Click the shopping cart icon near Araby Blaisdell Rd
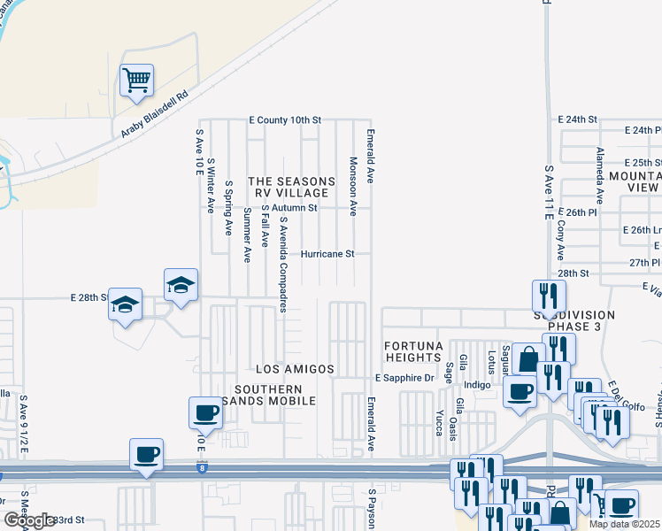pyautogui.click(x=137, y=81)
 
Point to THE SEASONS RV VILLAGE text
pyautogui.click(x=292, y=188)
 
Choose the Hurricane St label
pyautogui.click(x=327, y=254)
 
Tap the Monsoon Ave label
pyautogui.click(x=352, y=187)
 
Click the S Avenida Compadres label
pyautogui.click(x=283, y=265)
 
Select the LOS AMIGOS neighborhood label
pyautogui.click(x=295, y=369)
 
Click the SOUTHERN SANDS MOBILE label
pyautogui.click(x=274, y=395)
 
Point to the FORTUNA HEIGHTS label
pyautogui.click(x=412, y=350)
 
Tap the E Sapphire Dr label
pyautogui.click(x=405, y=378)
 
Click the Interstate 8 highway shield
pyautogui.click(x=203, y=469)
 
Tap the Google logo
pyautogui.click(x=29, y=520)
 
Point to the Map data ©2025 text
pyautogui.click(x=625, y=524)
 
